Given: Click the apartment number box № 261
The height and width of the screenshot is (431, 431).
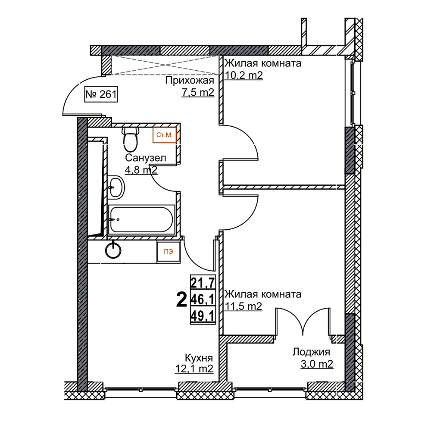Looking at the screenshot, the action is pyautogui.click(x=101, y=94).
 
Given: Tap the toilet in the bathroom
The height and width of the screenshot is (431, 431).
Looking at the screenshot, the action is pyautogui.click(x=131, y=139).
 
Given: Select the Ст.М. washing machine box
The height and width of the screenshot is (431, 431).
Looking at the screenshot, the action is pyautogui.click(x=164, y=135).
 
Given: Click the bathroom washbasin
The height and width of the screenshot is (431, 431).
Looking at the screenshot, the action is pyautogui.click(x=116, y=187).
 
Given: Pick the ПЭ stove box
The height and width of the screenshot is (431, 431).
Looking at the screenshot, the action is pyautogui.click(x=169, y=252).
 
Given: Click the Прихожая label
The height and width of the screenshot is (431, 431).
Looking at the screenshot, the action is pyautogui.click(x=189, y=81).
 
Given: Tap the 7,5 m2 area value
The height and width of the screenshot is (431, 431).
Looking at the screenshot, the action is pyautogui.click(x=198, y=93).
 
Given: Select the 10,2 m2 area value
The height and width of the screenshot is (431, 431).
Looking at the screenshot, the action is pyautogui.click(x=244, y=75).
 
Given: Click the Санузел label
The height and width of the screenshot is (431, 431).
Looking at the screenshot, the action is pyautogui.click(x=145, y=158).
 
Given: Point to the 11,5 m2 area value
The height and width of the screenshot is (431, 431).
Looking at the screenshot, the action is pyautogui.click(x=244, y=306).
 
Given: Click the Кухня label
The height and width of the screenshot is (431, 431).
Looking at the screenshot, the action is pyautogui.click(x=199, y=358).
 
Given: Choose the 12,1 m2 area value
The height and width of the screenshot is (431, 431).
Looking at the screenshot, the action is pyautogui.click(x=194, y=369).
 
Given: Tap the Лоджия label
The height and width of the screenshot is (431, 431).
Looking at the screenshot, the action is pyautogui.click(x=311, y=352).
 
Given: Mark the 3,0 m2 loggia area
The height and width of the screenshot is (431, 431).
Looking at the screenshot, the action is pyautogui.click(x=317, y=364).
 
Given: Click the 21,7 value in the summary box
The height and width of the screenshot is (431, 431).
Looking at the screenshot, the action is pyautogui.click(x=203, y=282).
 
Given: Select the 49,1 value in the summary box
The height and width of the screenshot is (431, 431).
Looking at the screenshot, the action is pyautogui.click(x=203, y=316).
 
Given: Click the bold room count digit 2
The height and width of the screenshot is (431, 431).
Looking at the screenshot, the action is pyautogui.click(x=181, y=300).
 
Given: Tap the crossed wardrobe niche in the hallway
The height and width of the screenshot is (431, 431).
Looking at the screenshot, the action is pyautogui.click(x=165, y=65).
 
